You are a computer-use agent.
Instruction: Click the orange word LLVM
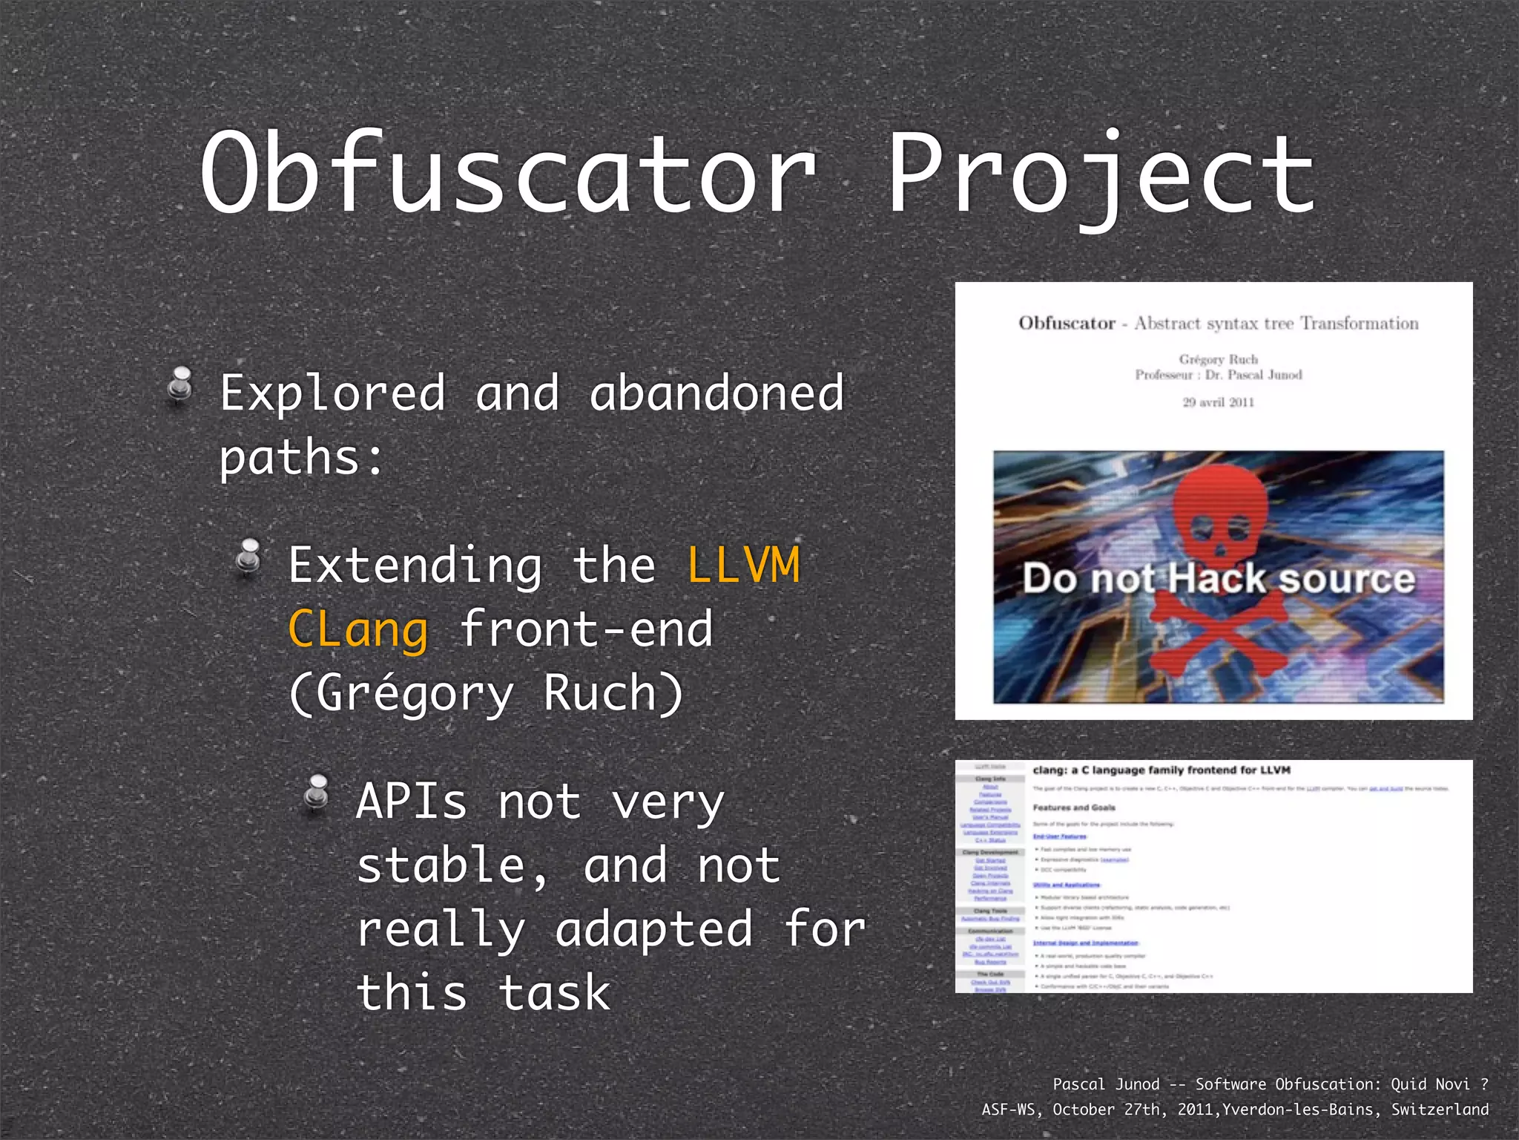743,566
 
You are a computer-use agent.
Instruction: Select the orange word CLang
358,629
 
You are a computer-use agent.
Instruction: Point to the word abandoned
716,393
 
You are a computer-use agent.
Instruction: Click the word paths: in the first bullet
301,457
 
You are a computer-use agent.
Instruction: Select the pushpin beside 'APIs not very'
317,794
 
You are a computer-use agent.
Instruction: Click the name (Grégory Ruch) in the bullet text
486,693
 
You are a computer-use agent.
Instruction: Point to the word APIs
412,803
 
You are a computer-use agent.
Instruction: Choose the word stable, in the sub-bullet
452,867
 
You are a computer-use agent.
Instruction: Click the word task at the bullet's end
554,993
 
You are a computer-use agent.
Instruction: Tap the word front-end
586,629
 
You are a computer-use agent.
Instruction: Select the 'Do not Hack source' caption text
1219,579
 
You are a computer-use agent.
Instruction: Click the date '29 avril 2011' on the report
1218,402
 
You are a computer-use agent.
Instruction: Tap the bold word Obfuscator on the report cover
1067,324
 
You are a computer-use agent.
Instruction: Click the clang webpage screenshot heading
1162,770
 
